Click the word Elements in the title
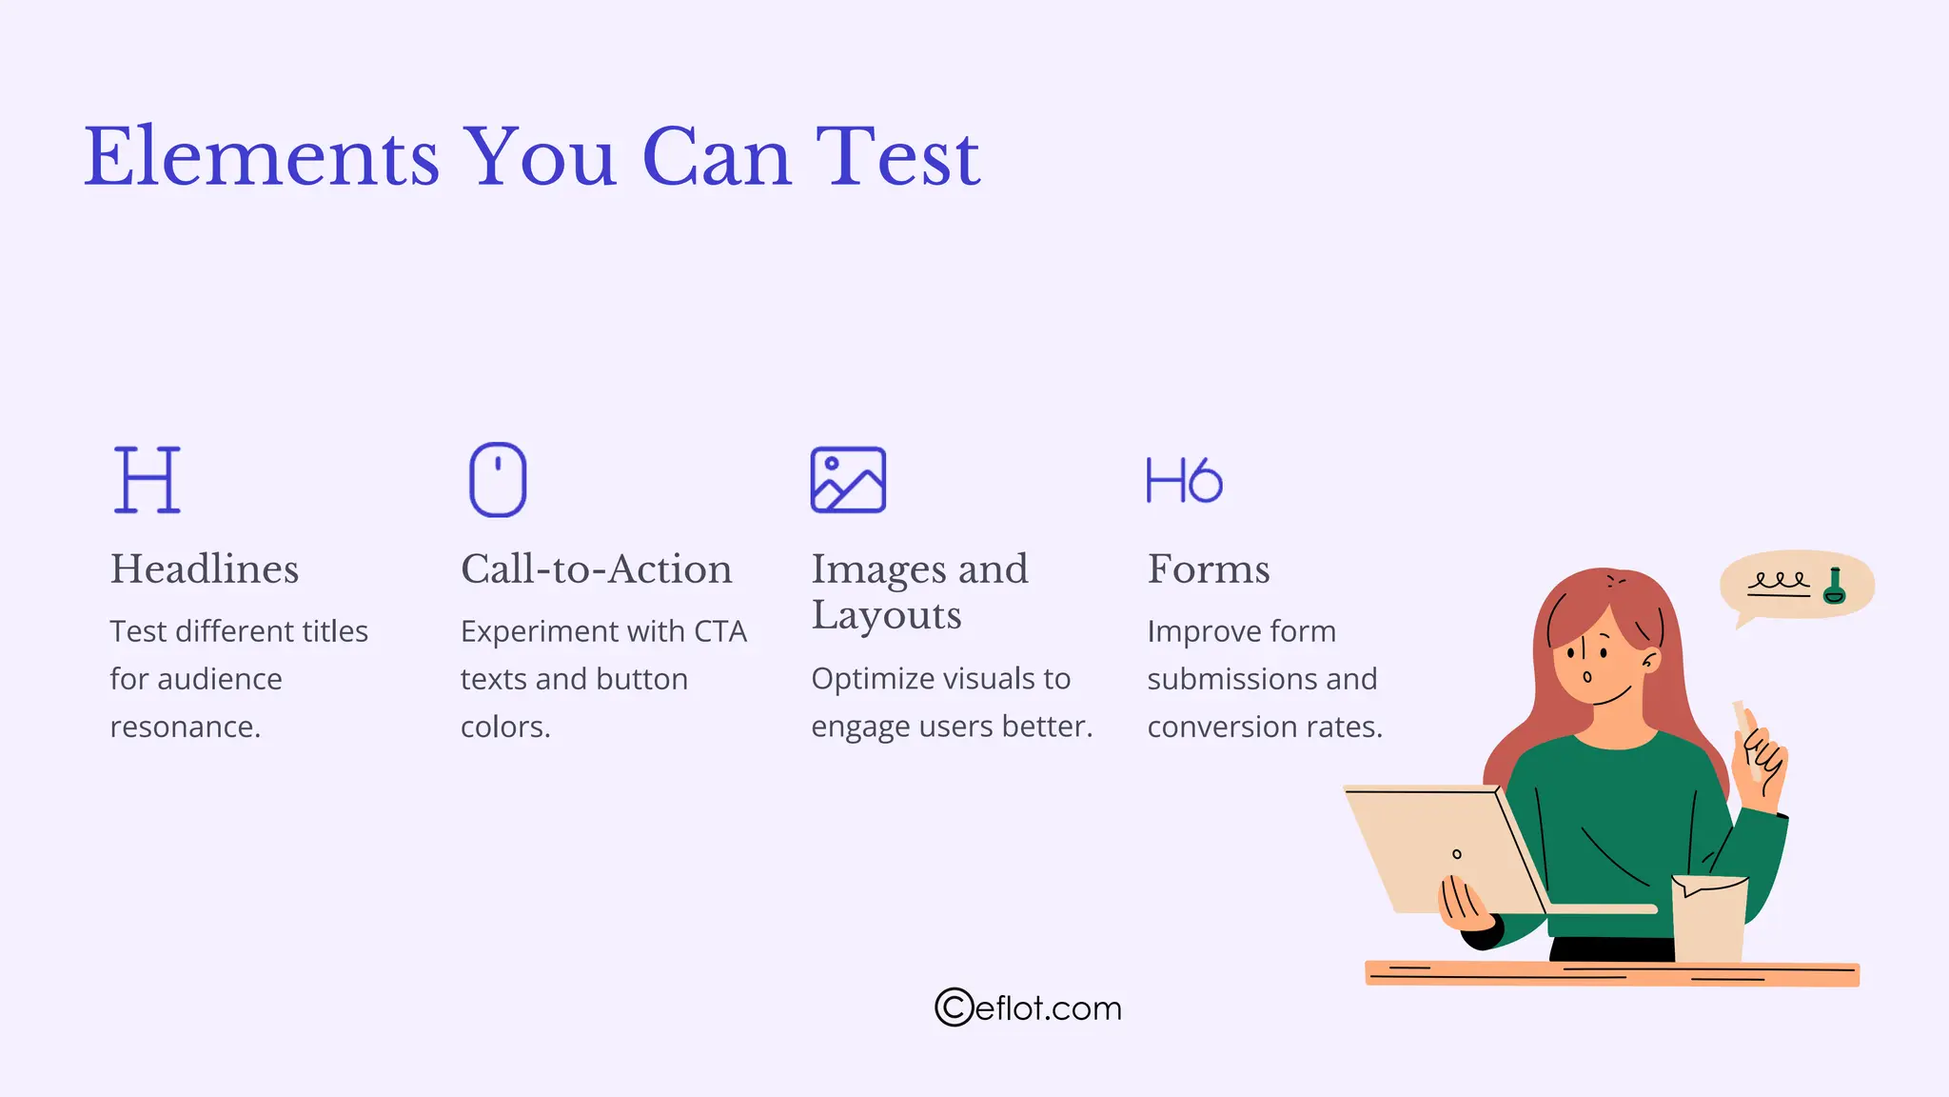[262, 157]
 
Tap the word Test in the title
[897, 157]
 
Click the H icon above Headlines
[147, 480]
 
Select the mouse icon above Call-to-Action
[498, 480]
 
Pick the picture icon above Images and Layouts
[848, 480]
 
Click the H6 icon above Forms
[1184, 480]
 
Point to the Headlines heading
[205, 569]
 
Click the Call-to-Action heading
[597, 569]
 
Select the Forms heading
[1209, 569]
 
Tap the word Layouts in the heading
[886, 616]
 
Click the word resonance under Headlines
[185, 728]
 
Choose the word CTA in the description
[720, 632]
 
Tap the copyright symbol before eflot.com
[954, 1007]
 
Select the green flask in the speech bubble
[1834, 587]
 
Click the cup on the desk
[1709, 919]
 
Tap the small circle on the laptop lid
[1456, 854]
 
